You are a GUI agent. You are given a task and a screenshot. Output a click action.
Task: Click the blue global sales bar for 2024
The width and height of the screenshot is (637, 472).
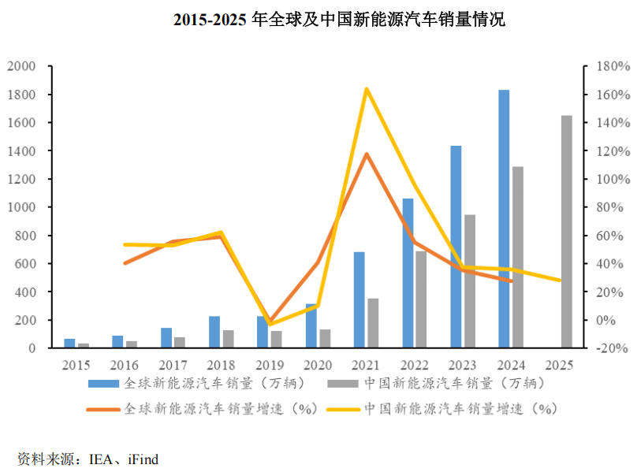(x=504, y=218)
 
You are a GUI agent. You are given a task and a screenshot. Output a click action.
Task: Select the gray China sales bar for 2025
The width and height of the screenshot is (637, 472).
(x=567, y=232)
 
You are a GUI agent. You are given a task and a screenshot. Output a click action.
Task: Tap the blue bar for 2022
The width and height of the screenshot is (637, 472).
(x=408, y=273)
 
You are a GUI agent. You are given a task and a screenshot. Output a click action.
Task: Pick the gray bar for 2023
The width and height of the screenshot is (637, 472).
(x=470, y=281)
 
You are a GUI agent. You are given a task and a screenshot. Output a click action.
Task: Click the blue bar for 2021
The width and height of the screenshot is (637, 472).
(x=359, y=299)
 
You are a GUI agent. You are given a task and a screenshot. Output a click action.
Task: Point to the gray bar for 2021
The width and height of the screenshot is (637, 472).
(x=373, y=323)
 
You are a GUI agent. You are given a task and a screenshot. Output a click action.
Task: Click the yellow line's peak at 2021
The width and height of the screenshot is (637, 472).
(x=367, y=89)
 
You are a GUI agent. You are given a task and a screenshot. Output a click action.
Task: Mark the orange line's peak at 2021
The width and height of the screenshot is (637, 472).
(x=367, y=154)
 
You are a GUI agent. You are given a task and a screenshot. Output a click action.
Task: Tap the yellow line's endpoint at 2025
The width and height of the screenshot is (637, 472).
(x=559, y=281)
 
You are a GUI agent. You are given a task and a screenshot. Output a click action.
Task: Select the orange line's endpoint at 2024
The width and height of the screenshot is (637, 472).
(x=511, y=281)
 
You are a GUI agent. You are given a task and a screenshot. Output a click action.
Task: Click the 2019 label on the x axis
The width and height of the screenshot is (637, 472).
(x=270, y=365)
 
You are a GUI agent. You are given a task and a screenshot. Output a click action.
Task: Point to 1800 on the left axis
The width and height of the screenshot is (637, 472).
(x=21, y=95)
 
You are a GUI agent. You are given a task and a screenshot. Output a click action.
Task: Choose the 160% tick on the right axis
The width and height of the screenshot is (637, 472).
(x=613, y=95)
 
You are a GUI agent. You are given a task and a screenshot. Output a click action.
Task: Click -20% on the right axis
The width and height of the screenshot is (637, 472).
(x=612, y=348)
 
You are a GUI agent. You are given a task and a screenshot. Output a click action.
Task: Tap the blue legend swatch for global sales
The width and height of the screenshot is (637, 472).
(x=103, y=384)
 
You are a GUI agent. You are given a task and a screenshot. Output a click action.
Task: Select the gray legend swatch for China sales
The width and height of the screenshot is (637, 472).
(x=343, y=384)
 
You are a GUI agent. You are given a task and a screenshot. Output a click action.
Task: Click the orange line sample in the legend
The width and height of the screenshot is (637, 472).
(x=103, y=410)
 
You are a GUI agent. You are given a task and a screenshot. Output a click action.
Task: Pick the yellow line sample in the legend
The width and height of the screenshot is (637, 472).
(x=343, y=410)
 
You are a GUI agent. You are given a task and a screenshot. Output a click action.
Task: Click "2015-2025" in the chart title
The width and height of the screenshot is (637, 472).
(x=210, y=20)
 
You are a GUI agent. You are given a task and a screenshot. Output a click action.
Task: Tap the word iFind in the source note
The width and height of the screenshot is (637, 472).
(x=143, y=459)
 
